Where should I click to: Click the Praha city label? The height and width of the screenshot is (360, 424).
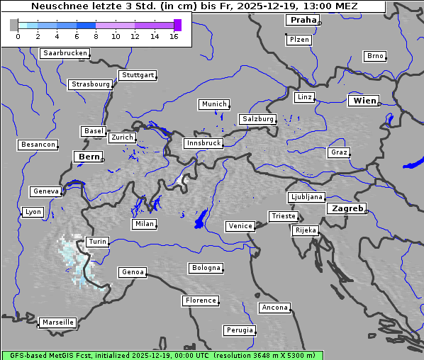(x=302, y=20)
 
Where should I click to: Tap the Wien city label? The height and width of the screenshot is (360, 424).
(x=364, y=101)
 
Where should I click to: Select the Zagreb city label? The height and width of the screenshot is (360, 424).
(x=347, y=208)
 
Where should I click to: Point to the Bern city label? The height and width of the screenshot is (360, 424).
(x=89, y=156)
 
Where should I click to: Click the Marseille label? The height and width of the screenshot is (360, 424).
(x=57, y=322)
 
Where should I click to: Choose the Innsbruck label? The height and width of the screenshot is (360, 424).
(x=203, y=143)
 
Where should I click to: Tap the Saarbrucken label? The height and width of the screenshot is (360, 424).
(x=65, y=53)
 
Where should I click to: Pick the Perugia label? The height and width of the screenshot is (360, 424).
(x=239, y=330)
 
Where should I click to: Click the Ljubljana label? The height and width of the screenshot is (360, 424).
(x=306, y=197)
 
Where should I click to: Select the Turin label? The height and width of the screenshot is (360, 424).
(x=98, y=242)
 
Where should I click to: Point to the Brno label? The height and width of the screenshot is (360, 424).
(x=374, y=56)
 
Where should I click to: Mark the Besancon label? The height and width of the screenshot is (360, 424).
(x=38, y=145)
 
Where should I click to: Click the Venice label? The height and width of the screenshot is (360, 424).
(x=240, y=226)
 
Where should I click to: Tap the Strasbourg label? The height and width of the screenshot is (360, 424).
(x=91, y=84)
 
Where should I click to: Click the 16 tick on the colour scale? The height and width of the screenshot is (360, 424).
(x=173, y=36)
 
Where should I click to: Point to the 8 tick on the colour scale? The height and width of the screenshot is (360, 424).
(x=95, y=36)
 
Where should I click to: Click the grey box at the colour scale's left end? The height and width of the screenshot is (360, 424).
(x=14, y=25)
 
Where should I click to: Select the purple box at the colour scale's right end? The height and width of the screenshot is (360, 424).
(x=177, y=25)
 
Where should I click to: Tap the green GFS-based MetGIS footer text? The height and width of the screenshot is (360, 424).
(x=162, y=355)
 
